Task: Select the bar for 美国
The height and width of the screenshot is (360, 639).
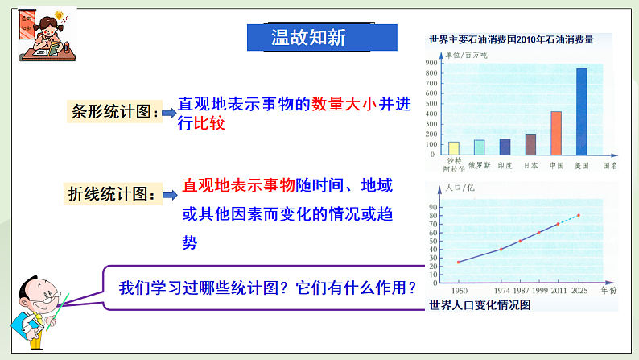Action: pyautogui.click(x=581, y=111)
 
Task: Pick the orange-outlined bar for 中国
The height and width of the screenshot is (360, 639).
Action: pyautogui.click(x=555, y=133)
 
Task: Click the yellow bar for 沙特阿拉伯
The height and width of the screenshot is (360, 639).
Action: pyautogui.click(x=454, y=147)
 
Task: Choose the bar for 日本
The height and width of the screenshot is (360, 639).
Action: pyautogui.click(x=530, y=144)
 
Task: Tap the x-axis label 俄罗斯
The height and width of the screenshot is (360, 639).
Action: pyautogui.click(x=479, y=164)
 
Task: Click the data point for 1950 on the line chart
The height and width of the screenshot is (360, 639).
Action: pyautogui.click(x=459, y=262)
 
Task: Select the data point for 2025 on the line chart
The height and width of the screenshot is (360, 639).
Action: pyautogui.click(x=578, y=215)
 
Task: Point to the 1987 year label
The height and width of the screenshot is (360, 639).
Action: pyautogui.click(x=522, y=289)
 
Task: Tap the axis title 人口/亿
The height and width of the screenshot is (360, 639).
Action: pyautogui.click(x=460, y=188)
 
